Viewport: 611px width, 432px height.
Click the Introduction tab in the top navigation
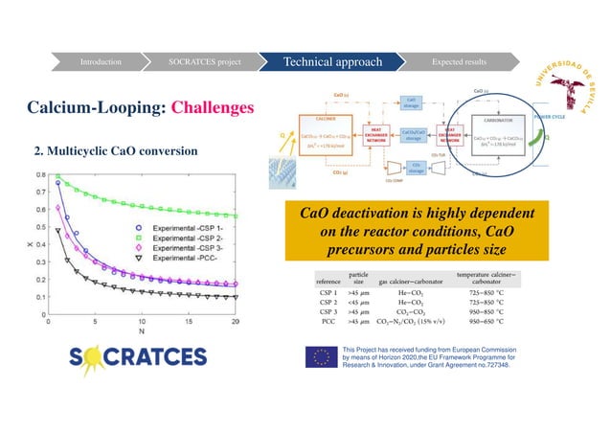click(101, 62)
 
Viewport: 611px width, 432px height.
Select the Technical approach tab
click(331, 62)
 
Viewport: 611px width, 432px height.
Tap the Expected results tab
click(459, 62)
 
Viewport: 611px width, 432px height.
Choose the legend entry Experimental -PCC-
click(187, 260)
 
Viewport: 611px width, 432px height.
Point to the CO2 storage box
click(416, 167)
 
